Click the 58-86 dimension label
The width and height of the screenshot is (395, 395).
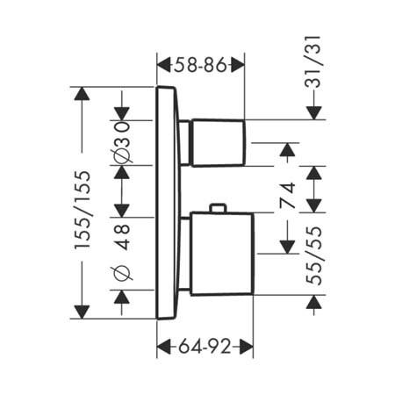pyautogui.click(x=200, y=65)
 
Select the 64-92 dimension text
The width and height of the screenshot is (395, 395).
pyautogui.click(x=205, y=347)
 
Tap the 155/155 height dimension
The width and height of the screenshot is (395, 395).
pyautogui.click(x=83, y=210)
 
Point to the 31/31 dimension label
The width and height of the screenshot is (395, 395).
pyautogui.click(x=313, y=61)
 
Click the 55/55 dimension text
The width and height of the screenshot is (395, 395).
pyautogui.click(x=313, y=255)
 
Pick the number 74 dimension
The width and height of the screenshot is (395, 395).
pyautogui.click(x=287, y=195)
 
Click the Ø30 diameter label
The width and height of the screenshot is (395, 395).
pyautogui.click(x=122, y=142)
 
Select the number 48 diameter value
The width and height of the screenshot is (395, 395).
pyautogui.click(x=122, y=237)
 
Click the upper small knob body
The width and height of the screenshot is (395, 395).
pyautogui.click(x=219, y=143)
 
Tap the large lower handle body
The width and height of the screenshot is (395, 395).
pyautogui.click(x=221, y=254)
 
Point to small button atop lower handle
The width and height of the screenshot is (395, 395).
pyautogui.click(x=218, y=207)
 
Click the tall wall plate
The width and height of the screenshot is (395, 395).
pyautogui.click(x=168, y=203)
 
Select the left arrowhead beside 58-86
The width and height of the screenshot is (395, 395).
pyautogui.click(x=163, y=65)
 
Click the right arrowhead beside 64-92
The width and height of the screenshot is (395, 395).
pyautogui.click(x=246, y=347)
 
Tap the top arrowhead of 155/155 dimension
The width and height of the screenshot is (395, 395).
pyautogui.click(x=82, y=94)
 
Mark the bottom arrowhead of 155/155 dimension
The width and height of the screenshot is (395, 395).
pyautogui.click(x=82, y=312)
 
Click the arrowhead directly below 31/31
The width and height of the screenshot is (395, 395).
pyautogui.click(x=314, y=113)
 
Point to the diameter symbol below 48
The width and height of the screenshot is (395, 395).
pyautogui.click(x=122, y=273)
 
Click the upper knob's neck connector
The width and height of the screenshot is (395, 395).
pyautogui.click(x=185, y=143)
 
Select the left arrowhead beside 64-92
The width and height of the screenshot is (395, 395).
pyautogui.click(x=164, y=347)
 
